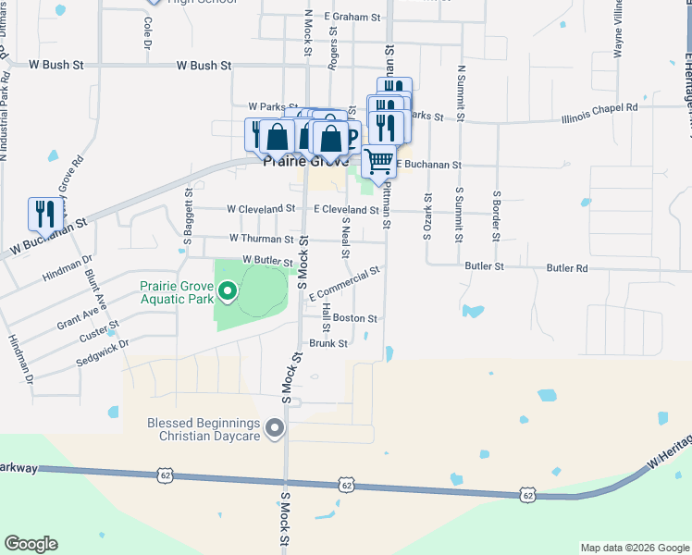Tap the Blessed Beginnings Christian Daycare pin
274,428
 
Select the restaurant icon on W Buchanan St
43,215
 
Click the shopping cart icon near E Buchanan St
378,162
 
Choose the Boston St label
355,318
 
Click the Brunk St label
328,343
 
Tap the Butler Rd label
567,267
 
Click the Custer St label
100,331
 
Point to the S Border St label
497,215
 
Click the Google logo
31,544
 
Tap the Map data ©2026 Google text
634,548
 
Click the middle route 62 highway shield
346,485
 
